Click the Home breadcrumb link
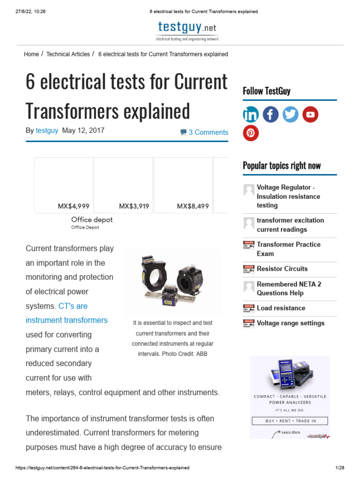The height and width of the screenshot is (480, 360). pos(31,54)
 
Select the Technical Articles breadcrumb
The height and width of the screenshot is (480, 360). pos(68,54)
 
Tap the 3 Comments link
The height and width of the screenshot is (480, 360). pos(204,132)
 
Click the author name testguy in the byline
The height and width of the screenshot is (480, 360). pos(47,130)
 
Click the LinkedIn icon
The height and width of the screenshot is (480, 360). pos(251,114)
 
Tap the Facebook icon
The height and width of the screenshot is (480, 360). pos(270,114)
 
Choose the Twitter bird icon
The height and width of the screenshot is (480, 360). pos(291,114)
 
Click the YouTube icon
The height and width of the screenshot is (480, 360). pos(310,114)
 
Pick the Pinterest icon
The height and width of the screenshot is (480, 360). pos(251,133)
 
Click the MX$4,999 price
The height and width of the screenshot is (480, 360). pos(74,206)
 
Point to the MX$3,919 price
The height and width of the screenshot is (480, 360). pos(134,206)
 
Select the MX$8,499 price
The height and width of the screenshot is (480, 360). pos(193,206)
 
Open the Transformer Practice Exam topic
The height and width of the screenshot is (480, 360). pos(288,249)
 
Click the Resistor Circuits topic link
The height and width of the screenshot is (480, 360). pos(282,269)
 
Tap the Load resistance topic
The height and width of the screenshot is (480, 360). pos(281,308)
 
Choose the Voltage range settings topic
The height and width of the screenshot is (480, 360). pos(290,323)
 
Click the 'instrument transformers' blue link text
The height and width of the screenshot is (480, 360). pos(67,320)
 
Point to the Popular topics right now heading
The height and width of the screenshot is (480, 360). pos(282,165)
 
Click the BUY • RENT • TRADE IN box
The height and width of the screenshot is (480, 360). pos(290,421)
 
